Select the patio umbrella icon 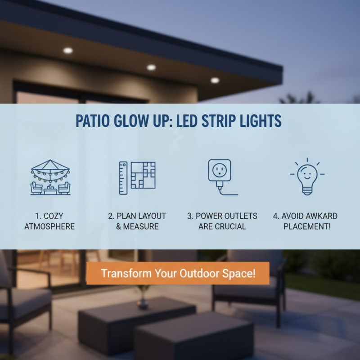pos(50,177)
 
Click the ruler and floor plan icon pos(137,177)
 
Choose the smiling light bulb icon pos(307,176)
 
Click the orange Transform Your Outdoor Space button pos(178,273)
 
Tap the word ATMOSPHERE pos(49,226)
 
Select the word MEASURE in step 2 pos(141,226)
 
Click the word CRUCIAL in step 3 pos(230,226)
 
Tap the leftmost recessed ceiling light pos(68,50)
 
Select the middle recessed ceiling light pos(151,67)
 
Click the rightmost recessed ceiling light pos(215,81)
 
